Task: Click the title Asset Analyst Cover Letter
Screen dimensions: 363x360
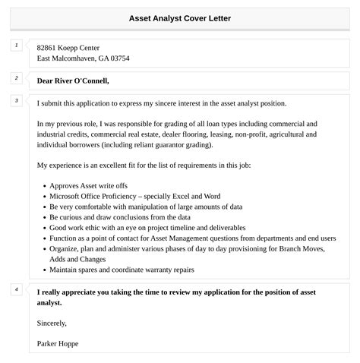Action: (x=180, y=17)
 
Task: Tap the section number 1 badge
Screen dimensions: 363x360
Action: (x=15, y=46)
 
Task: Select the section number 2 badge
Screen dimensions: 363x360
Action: (x=15, y=78)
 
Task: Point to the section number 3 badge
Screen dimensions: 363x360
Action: (x=15, y=101)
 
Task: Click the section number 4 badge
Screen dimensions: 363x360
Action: (x=15, y=289)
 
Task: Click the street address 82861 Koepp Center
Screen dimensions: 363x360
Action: (x=68, y=47)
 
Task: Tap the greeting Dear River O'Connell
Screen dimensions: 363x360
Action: (x=73, y=80)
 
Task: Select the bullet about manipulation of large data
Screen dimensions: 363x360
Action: (x=146, y=206)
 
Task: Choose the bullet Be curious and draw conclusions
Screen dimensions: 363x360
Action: (x=119, y=216)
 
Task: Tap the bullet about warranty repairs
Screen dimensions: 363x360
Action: (x=122, y=270)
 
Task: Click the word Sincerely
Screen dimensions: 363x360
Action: (x=52, y=323)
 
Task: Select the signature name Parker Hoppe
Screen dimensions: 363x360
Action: (x=58, y=343)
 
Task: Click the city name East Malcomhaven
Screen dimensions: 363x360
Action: (x=68, y=58)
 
